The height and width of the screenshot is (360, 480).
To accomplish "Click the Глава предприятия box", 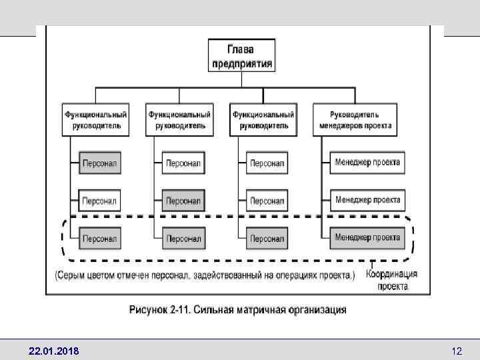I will tap(241, 55).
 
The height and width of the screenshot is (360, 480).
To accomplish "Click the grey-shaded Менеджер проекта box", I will tap(367, 237).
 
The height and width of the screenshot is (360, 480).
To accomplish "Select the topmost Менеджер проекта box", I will tap(367, 162).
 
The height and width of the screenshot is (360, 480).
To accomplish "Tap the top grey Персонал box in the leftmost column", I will tap(100, 163).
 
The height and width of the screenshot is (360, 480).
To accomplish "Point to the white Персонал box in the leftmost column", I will tap(100, 200).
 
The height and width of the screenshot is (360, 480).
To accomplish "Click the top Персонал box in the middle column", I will tap(183, 163).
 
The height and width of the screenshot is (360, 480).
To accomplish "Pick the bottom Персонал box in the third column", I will tap(267, 238).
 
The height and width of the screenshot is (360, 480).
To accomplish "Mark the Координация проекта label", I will tap(393, 280).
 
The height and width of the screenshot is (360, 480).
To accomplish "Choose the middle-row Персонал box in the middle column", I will tap(183, 200).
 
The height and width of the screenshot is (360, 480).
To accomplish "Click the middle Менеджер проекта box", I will tap(367, 199).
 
